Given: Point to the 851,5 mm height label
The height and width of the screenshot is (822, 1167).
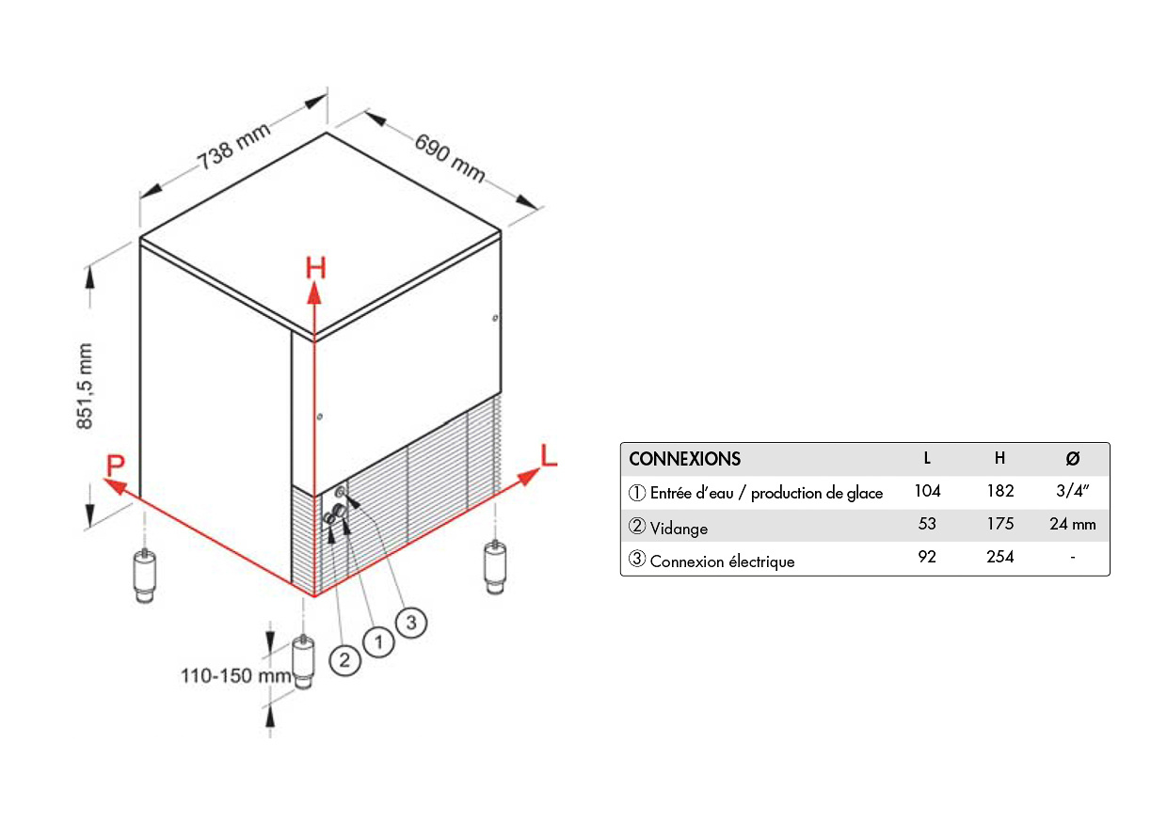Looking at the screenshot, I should (86, 386).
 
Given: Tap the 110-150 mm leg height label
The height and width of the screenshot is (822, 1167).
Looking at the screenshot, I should (236, 675).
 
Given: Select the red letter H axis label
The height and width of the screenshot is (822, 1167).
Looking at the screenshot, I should (315, 269).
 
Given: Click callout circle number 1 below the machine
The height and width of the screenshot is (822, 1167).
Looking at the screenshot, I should (378, 642).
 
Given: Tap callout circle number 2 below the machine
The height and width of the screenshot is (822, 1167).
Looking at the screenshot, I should (344, 659).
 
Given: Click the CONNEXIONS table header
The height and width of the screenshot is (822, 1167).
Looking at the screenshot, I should (684, 459).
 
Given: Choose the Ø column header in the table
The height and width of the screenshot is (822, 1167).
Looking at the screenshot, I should (1072, 459).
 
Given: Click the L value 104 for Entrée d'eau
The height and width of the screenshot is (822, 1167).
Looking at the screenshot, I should (927, 491).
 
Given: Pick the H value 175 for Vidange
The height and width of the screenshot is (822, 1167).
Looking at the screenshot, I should (999, 525).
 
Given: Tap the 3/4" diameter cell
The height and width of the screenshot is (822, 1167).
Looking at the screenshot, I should (1072, 491).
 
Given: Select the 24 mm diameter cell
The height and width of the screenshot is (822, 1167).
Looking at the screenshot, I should (1072, 525).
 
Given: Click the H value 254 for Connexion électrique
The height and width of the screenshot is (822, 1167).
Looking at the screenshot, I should (999, 557).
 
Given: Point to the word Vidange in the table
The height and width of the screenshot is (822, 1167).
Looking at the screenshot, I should (678, 529).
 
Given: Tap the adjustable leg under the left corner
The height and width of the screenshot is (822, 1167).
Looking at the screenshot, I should (144, 575).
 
